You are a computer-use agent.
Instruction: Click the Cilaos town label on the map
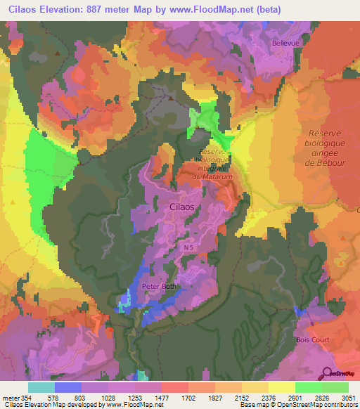185,207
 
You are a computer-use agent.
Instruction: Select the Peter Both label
161,287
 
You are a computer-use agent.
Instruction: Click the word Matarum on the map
219,176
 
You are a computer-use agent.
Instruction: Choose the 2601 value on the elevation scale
295,397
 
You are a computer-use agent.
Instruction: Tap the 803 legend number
82,397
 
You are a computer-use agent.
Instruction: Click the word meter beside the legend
11,397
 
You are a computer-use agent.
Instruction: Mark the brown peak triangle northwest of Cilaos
169,98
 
